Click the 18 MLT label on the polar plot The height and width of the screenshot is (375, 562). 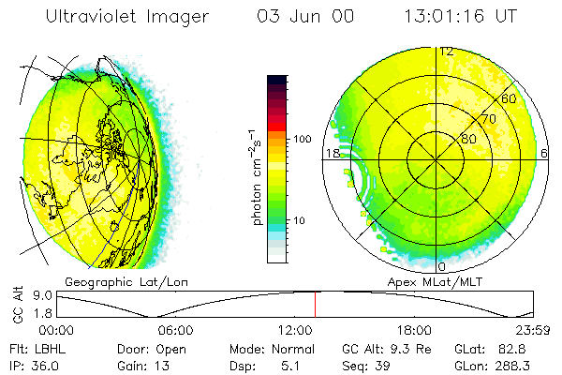tap(331, 153)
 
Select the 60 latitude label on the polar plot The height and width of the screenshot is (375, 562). tap(510, 98)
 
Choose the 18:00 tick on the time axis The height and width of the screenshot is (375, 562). tap(414, 330)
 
